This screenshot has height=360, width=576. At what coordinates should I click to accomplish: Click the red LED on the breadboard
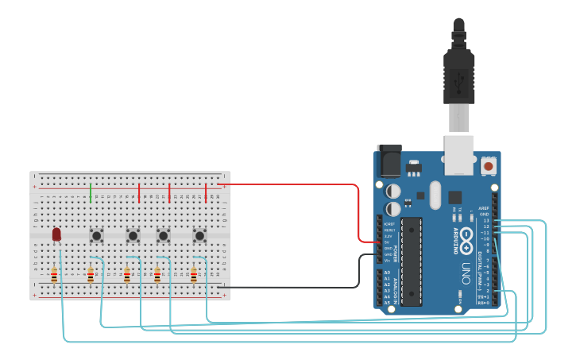pyautogui.click(x=56, y=234)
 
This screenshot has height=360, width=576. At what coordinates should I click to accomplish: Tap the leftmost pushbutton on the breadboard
pyautogui.click(x=97, y=235)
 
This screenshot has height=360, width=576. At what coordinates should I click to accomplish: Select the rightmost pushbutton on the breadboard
pyautogui.click(x=199, y=235)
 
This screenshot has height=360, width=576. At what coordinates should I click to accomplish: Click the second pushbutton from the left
pyautogui.click(x=133, y=235)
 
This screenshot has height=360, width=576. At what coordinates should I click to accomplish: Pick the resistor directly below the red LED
pyautogui.click(x=54, y=276)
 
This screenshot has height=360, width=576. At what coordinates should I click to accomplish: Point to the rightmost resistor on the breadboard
pyautogui.click(x=194, y=276)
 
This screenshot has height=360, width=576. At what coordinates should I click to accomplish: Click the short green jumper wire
pyautogui.click(x=91, y=192)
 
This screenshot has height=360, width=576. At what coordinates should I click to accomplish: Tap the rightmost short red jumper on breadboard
pyautogui.click(x=206, y=192)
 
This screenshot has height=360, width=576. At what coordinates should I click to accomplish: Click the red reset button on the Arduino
pyautogui.click(x=488, y=166)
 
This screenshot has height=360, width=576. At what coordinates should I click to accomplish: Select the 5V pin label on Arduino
pyautogui.click(x=388, y=242)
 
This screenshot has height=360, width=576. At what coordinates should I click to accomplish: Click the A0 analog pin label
pyautogui.click(x=387, y=273)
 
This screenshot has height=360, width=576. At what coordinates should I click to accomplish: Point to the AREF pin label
pyautogui.click(x=484, y=207)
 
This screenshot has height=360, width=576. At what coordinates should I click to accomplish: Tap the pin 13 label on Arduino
pyautogui.click(x=485, y=220)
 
